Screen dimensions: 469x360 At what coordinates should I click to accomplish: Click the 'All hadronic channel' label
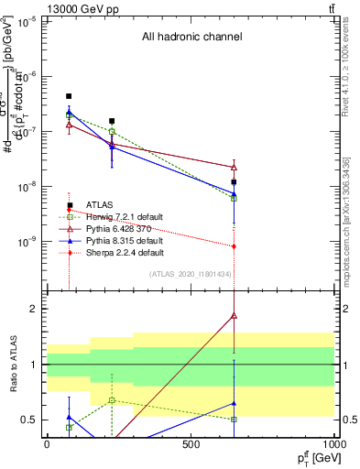pos(191,38)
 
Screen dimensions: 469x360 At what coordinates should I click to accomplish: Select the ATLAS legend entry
pos(99,204)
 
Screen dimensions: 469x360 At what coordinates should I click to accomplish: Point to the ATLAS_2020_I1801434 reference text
pos(190,274)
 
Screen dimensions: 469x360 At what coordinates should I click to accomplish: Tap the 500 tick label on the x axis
pos(191,444)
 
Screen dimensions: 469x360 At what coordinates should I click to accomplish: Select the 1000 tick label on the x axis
pos(333,444)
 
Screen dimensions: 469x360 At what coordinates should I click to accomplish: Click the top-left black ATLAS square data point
pos(69,96)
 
